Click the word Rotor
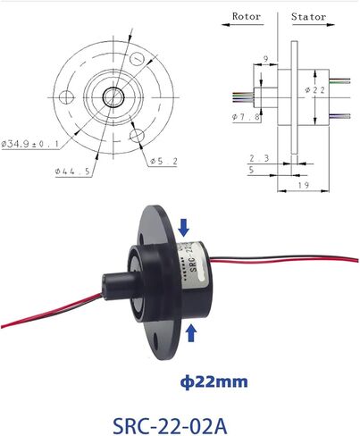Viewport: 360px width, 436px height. click(247, 16)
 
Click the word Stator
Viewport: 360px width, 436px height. click(308, 16)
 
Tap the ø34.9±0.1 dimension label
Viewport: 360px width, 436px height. click(29, 144)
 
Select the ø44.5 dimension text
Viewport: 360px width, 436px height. click(72, 172)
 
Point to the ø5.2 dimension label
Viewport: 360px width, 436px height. click(163, 162)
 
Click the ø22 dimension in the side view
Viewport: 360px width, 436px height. click(315, 89)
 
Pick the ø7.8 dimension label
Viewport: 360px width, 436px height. click(247, 117)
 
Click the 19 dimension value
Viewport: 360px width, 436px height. click(304, 185)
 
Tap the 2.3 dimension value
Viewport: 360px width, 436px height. click(259, 158)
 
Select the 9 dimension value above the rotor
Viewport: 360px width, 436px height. click(266, 59)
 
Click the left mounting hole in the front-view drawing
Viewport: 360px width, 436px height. click(66, 97)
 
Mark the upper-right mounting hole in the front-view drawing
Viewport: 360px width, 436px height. click(137, 59)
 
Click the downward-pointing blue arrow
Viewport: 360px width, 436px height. click(183, 228)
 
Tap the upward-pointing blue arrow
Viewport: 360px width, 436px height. click(191, 333)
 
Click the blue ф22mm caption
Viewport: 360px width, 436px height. click(213, 381)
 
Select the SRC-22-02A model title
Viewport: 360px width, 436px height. click(170, 426)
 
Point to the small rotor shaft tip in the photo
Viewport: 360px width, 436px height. click(111, 287)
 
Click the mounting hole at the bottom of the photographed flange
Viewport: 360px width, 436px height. click(155, 339)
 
